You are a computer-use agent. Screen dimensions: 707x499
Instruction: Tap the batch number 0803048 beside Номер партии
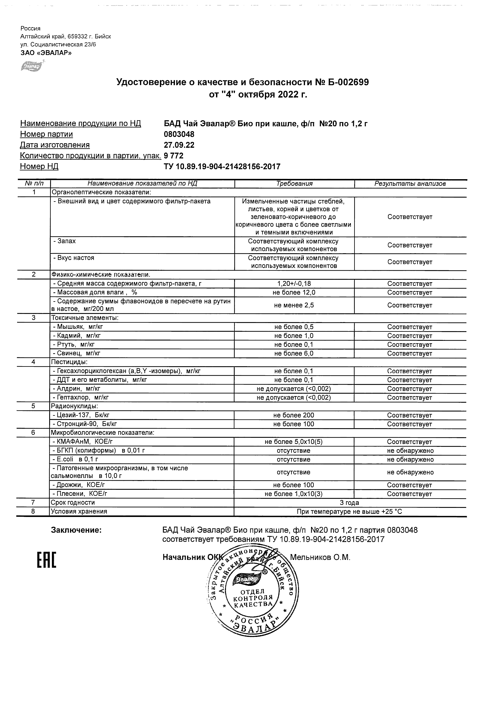click(x=179, y=134)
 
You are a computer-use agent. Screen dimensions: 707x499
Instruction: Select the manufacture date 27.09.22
click(x=179, y=145)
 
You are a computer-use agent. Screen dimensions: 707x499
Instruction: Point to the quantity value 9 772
click(x=174, y=156)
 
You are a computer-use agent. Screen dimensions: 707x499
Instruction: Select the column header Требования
click(x=294, y=184)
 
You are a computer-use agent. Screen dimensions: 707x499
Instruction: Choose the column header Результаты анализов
click(x=410, y=184)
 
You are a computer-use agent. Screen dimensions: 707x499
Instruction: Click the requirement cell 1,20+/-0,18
click(x=294, y=284)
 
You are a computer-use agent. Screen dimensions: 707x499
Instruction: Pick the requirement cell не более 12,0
click(x=294, y=292)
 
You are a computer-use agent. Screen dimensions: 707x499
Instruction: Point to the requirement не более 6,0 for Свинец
click(x=294, y=353)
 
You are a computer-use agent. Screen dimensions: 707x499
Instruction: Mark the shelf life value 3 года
click(x=349, y=503)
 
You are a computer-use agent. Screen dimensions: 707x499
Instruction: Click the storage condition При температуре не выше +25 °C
click(x=349, y=512)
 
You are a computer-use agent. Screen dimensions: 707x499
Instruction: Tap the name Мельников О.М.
click(x=320, y=557)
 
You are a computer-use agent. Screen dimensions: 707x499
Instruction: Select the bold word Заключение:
click(x=76, y=530)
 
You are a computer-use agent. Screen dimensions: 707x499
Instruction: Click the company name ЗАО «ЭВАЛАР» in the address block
click(x=46, y=53)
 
